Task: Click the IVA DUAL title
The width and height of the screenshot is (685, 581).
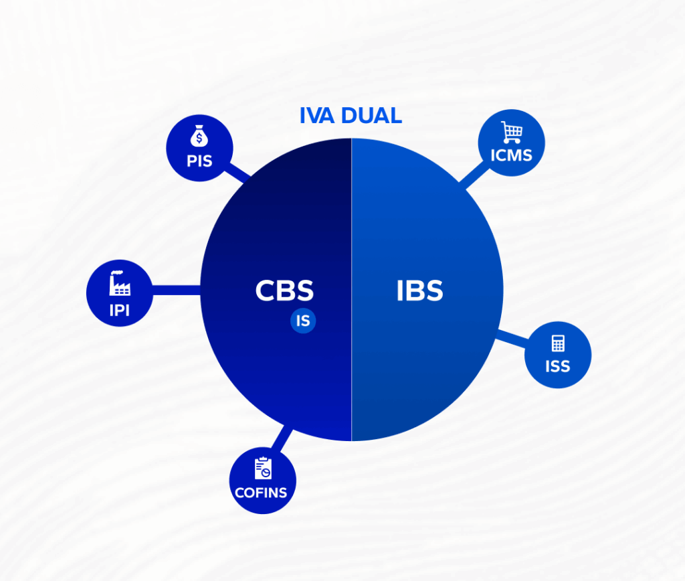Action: click(351, 116)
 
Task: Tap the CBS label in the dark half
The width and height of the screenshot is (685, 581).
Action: click(284, 290)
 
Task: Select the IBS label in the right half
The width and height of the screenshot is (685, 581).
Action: click(419, 290)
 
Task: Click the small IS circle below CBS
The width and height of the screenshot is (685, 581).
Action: click(303, 321)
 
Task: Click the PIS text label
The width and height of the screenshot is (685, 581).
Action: click(199, 161)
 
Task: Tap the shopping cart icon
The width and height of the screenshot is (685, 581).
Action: click(512, 133)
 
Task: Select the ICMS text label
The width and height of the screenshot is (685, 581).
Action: click(512, 156)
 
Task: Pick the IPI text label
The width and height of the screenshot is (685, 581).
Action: click(120, 310)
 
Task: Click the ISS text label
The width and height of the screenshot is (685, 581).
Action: click(558, 367)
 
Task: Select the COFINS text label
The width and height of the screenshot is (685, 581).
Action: click(261, 493)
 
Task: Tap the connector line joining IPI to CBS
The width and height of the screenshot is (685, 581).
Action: click(177, 290)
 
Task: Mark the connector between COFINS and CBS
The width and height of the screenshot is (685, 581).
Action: click(281, 440)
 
